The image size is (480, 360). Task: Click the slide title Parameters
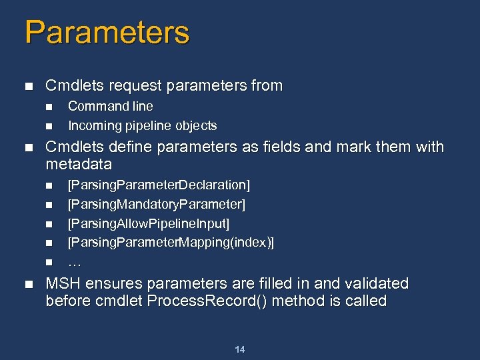pyautogui.click(x=107, y=32)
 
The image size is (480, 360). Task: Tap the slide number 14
pyautogui.click(x=240, y=349)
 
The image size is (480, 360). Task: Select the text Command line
pyautogui.click(x=110, y=106)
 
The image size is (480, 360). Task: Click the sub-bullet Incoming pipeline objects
pyautogui.click(x=142, y=125)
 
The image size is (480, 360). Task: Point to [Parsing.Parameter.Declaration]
pyautogui.click(x=159, y=184)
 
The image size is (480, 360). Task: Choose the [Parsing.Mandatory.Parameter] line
pyautogui.click(x=157, y=203)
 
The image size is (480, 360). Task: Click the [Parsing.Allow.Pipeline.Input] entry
pyautogui.click(x=149, y=223)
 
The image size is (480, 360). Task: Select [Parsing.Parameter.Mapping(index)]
pyautogui.click(x=171, y=242)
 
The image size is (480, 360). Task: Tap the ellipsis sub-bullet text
pyautogui.click(x=75, y=262)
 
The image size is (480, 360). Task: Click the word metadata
pyautogui.click(x=79, y=164)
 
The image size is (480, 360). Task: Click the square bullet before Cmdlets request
pyautogui.click(x=27, y=87)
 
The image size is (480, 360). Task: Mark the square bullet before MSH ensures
pyautogui.click(x=27, y=284)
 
